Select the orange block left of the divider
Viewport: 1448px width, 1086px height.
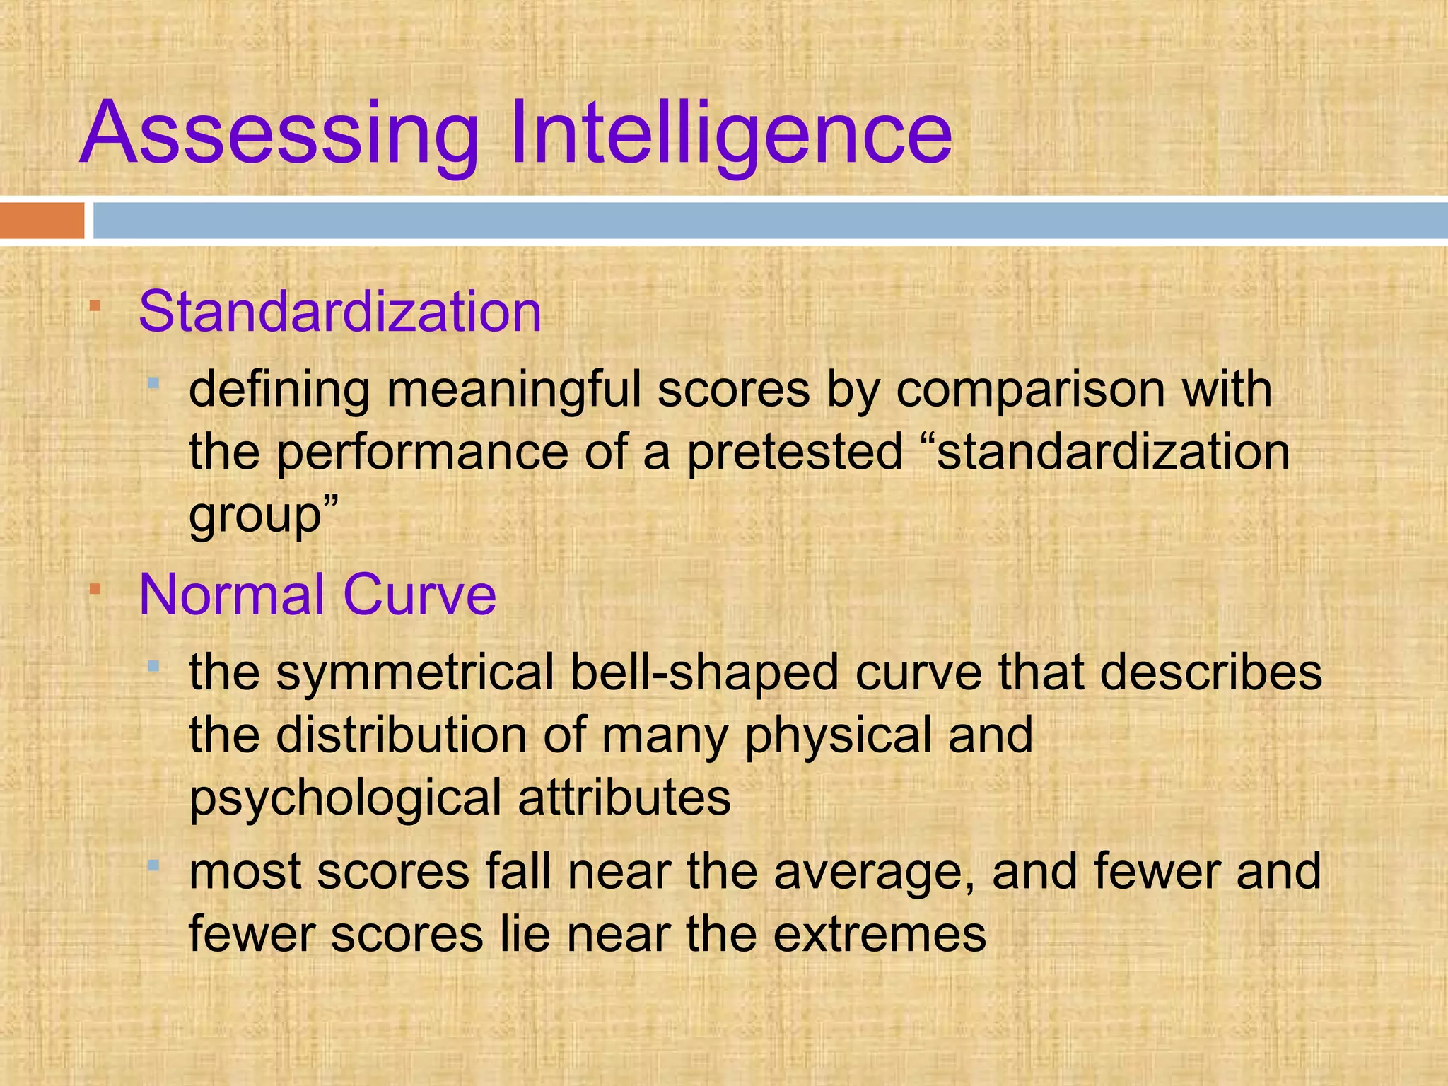42,221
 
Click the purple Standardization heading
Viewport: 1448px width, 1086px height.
340,312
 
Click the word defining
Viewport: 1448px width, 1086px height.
279,390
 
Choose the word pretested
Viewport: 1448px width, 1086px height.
795,452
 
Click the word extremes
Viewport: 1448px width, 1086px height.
880,935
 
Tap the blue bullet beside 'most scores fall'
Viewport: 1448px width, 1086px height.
153,865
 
